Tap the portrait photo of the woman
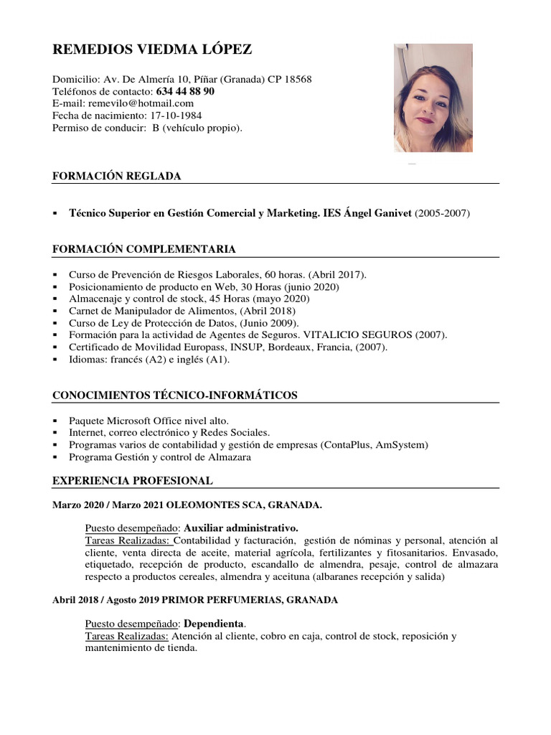point(433,98)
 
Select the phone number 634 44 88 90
point(185,92)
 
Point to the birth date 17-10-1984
point(175,116)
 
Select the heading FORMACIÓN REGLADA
point(116,176)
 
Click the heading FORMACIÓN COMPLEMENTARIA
point(144,249)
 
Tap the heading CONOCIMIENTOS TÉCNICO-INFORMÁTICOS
point(175,395)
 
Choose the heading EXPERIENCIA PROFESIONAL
point(133,480)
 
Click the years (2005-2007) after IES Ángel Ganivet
point(443,213)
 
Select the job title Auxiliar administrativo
point(241,528)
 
